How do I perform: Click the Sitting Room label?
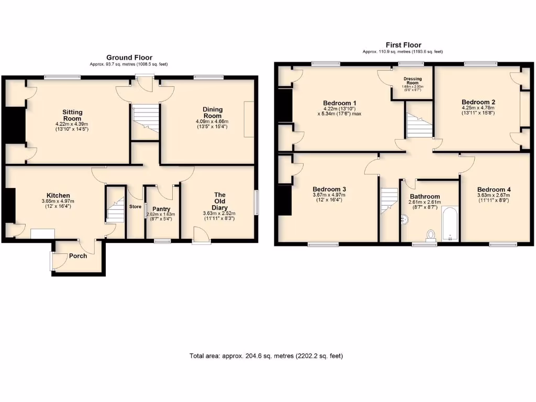72,115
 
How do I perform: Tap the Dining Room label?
213,113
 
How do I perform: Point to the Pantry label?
161,209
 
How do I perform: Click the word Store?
136,206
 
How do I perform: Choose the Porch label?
78,256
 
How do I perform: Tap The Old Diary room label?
220,202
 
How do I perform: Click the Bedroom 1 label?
340,103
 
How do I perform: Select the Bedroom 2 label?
478,102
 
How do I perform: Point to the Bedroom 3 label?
329,189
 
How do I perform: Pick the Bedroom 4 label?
494,189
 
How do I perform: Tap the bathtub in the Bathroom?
450,225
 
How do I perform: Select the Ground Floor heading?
129,58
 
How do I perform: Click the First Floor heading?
403,45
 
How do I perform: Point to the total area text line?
266,356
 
